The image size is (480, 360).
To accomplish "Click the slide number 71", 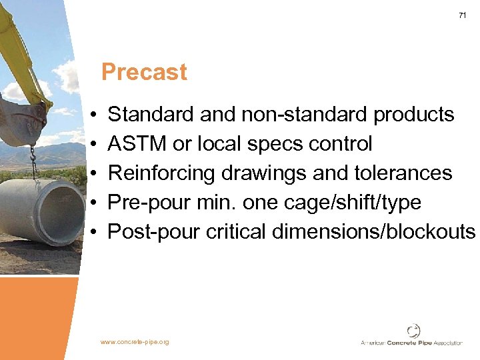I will (462, 15).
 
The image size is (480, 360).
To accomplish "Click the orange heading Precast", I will (144, 72).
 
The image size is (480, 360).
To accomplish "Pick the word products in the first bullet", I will (414, 115).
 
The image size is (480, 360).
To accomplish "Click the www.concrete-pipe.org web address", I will (135, 342).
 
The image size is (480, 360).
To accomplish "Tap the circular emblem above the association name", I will (413, 331).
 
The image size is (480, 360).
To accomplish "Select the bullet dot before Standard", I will (95, 115).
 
